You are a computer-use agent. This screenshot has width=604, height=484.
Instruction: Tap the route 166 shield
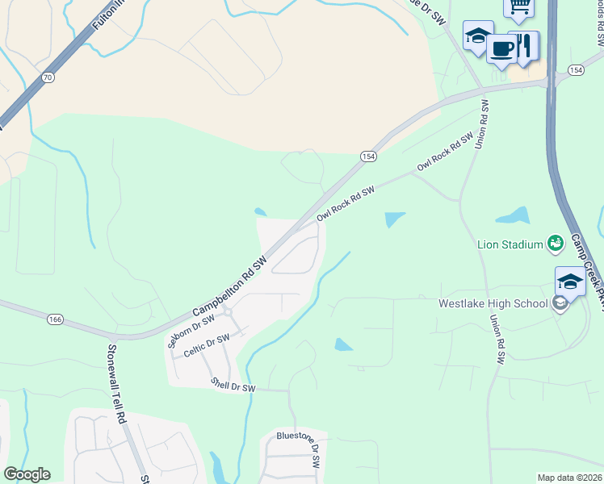54,319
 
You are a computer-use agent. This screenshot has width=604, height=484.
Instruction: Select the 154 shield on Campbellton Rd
368,156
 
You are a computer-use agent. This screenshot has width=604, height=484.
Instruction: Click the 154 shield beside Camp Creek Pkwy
575,71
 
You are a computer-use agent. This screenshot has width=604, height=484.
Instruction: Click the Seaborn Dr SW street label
191,331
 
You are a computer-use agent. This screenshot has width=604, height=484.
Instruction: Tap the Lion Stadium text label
510,244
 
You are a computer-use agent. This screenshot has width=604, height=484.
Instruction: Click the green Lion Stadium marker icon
555,243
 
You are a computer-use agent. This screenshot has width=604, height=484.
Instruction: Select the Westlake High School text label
492,304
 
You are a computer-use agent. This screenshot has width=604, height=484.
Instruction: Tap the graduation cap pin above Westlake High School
569,282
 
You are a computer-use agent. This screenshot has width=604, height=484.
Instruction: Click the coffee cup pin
501,48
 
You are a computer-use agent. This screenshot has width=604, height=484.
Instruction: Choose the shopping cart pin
518,7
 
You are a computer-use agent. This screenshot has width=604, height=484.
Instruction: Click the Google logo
27,474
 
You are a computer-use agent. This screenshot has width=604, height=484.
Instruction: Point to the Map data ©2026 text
569,478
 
